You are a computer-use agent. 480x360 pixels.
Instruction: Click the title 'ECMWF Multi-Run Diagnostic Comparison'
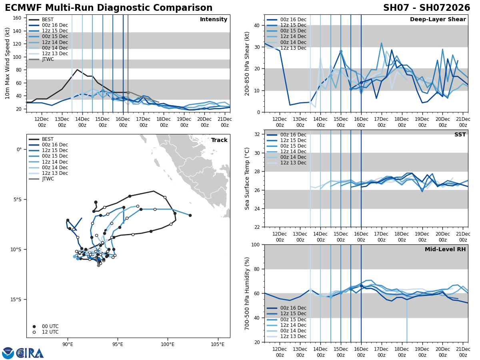(108, 8)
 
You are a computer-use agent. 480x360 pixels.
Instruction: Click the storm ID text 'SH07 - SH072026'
(426, 8)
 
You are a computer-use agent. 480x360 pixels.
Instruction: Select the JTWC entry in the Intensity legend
(48, 59)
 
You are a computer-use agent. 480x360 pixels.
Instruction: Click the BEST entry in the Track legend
(48, 139)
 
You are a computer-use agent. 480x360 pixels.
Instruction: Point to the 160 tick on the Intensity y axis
(18, 18)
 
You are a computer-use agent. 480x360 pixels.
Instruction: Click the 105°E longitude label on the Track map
(218, 344)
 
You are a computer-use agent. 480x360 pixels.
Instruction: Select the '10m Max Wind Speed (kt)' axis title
(8, 63)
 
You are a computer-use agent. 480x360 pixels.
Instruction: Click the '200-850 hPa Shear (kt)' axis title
(248, 63)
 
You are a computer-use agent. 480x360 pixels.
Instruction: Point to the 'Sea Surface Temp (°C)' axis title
(248, 178)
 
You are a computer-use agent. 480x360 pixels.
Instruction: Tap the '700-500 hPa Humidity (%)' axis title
(248, 293)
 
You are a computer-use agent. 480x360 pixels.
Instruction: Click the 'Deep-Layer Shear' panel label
(438, 20)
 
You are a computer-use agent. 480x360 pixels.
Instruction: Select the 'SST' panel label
(460, 135)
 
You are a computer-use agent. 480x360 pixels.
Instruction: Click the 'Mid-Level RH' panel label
(445, 250)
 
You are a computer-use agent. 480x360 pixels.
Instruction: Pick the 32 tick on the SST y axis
(257, 134)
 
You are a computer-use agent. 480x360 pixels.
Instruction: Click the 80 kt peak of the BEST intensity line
(77, 70)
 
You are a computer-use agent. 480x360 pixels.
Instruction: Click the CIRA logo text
(30, 353)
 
